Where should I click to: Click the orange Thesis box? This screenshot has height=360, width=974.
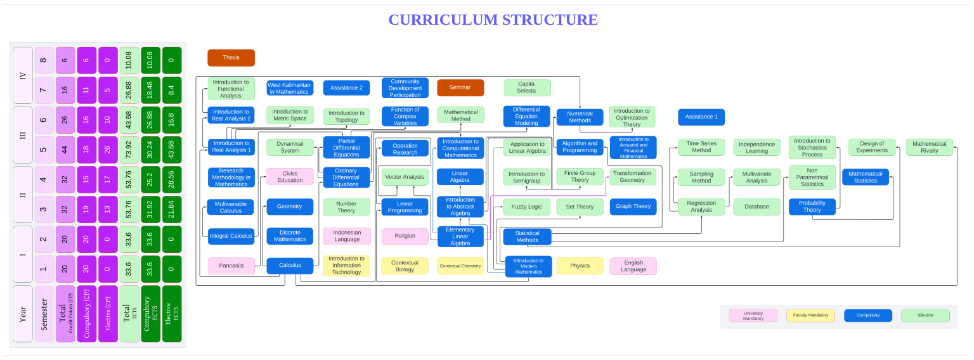[231, 58]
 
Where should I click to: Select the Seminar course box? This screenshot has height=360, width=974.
[460, 87]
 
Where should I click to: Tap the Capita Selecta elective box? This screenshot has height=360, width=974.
[527, 87]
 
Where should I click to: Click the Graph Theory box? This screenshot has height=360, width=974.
[633, 207]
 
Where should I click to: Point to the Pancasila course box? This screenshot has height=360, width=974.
[231, 266]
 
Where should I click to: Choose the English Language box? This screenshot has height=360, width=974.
[633, 266]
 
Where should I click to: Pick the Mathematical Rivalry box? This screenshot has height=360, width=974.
[929, 147]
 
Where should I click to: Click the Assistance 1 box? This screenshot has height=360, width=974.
[701, 117]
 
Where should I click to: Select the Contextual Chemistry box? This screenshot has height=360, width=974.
[460, 266]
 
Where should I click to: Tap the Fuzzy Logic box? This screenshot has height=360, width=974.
[526, 207]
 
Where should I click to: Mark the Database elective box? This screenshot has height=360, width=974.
[756, 207]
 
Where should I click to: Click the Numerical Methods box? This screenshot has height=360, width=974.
[580, 117]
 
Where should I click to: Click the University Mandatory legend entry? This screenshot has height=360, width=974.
[753, 315]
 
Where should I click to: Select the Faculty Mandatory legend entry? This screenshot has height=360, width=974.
[810, 315]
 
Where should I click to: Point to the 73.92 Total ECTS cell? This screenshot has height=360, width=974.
[129, 151]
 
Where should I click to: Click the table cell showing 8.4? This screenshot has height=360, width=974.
[172, 91]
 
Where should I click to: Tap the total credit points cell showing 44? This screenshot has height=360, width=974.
[65, 151]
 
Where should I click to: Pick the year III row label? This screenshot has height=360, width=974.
[23, 136]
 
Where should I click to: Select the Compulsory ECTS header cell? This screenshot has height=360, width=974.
[151, 314]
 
